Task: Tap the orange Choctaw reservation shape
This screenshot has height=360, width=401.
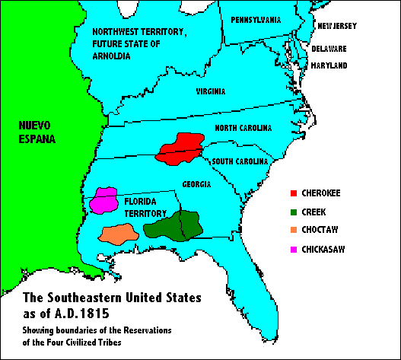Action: pyautogui.click(x=119, y=234)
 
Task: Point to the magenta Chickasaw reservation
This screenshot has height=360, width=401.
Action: pyautogui.click(x=103, y=200)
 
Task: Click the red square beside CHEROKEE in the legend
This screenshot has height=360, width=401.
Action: pyautogui.click(x=294, y=193)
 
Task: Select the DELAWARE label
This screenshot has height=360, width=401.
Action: pyautogui.click(x=329, y=49)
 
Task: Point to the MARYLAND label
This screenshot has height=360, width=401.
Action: pyautogui.click(x=329, y=66)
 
